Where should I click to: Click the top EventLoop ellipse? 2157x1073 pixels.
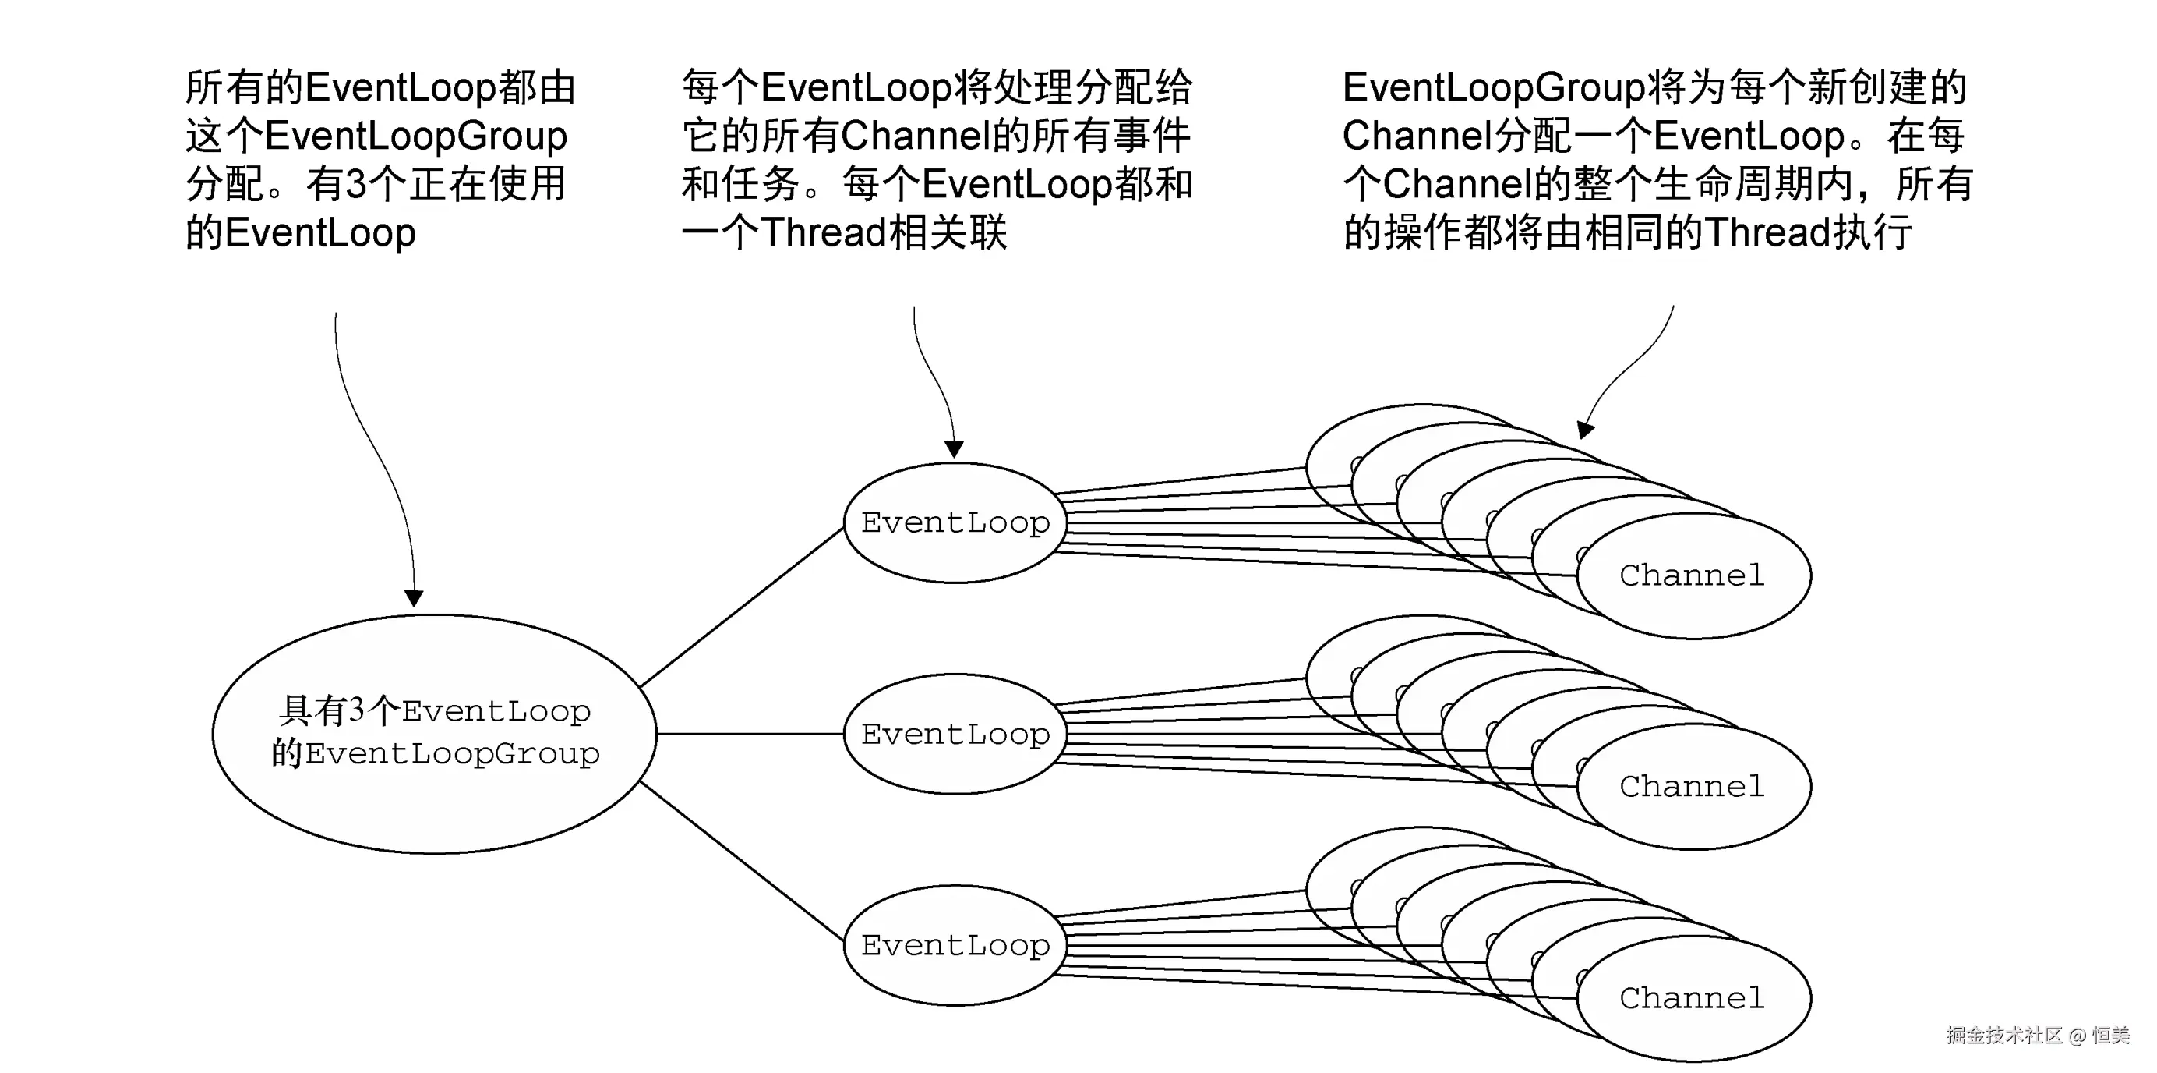955,522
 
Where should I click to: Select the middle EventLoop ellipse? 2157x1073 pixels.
955,735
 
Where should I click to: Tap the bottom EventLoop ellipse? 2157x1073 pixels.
955,946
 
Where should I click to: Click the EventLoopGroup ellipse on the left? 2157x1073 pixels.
435,734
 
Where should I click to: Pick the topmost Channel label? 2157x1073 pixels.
1692,575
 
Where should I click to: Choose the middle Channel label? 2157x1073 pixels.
1692,787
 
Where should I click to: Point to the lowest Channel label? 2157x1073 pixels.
1692,997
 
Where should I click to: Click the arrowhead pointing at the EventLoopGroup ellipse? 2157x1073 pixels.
414,598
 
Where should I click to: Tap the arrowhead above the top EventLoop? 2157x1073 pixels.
954,450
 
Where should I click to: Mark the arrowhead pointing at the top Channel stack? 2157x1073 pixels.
1585,430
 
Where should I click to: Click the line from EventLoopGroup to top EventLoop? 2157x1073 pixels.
741,608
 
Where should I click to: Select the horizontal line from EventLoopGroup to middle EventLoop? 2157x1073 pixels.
750,734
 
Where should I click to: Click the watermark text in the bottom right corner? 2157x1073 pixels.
2037,1036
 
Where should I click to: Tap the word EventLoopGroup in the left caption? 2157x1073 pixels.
416,136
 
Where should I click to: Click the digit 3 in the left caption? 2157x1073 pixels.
356,184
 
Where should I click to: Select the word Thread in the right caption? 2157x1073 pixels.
1767,233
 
